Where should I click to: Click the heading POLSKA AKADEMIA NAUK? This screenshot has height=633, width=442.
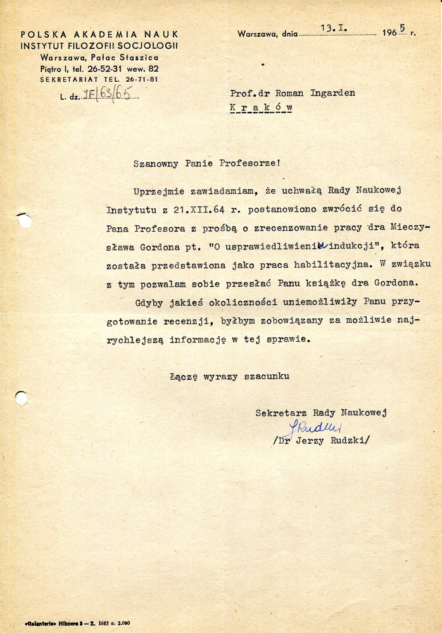coord(99,34)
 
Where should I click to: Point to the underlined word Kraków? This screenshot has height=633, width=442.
coord(261,108)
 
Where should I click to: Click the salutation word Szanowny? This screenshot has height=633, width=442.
coord(156,163)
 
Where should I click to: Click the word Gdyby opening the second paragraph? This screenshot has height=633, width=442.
coord(148,303)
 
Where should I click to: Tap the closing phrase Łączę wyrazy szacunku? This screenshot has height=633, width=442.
coord(229,377)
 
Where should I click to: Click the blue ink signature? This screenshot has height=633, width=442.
coord(315,428)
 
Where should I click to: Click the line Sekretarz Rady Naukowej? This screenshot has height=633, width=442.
coord(321,413)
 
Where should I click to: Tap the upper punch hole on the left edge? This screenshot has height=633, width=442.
coord(24,221)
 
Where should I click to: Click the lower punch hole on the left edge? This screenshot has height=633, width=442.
coord(21,398)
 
